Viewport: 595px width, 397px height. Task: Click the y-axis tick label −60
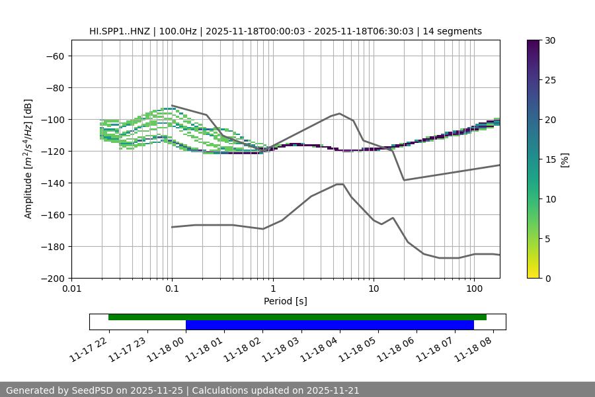54,56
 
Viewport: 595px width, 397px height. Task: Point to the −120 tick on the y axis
52,151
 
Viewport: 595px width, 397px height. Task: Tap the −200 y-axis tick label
52,278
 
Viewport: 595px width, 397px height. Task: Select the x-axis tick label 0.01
71,289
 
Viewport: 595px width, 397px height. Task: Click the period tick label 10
374,289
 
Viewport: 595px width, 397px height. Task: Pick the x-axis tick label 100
474,289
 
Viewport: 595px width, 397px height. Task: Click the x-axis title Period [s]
285,301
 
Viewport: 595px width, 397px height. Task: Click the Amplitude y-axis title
28,159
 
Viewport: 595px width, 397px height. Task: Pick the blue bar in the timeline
329,325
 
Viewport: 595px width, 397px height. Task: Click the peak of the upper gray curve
340,113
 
